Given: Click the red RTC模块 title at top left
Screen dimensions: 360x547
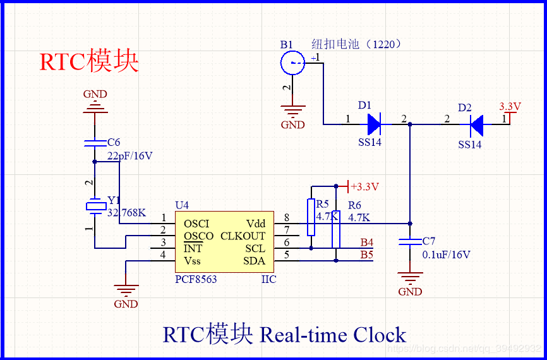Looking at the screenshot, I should click(88, 62).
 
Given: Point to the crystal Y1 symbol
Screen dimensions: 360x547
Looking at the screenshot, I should click(95, 206).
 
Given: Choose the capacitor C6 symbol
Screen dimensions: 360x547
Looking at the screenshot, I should click(95, 143).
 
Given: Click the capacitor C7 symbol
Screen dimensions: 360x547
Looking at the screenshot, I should click(411, 242).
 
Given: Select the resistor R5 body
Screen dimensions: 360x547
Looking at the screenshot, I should click(311, 217).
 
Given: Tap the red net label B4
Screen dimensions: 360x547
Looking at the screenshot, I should click(366, 243).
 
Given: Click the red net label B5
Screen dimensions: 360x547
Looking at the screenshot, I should click(366, 255).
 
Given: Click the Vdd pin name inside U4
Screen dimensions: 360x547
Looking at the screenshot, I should click(255, 224).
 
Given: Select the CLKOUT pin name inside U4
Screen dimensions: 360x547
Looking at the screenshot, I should click(243, 236).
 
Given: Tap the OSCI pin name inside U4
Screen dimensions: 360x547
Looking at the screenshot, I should click(196, 224).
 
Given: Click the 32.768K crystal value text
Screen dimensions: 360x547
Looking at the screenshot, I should click(126, 213).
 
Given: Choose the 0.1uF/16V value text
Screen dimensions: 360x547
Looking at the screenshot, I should click(446, 255).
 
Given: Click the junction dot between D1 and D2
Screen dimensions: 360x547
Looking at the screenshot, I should click(411, 124).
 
